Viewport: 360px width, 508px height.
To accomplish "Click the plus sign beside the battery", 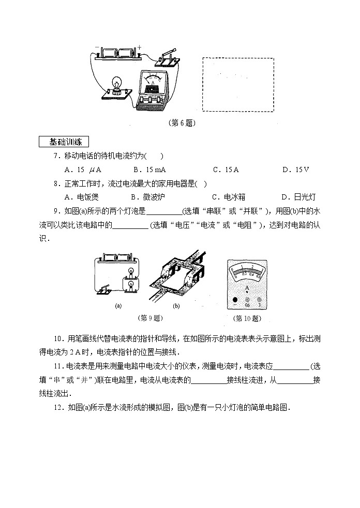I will click(x=139, y=47).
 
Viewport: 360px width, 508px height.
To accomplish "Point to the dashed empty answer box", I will click(x=238, y=84).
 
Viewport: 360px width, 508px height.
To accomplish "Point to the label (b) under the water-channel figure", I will click(x=176, y=305).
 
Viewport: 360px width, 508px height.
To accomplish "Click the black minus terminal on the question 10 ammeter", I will click(x=234, y=299).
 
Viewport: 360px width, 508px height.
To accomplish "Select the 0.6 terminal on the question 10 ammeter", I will click(x=247, y=299).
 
